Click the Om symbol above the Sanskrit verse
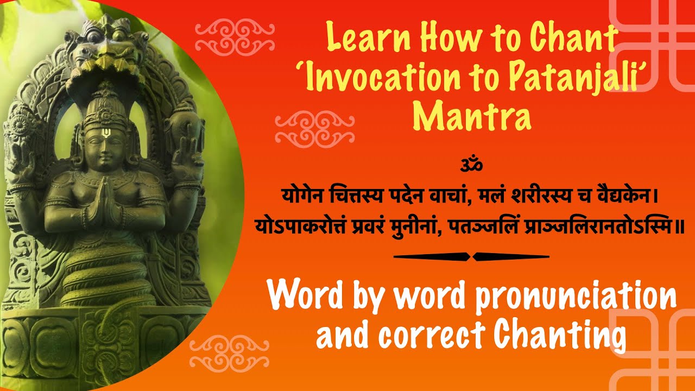pyautogui.click(x=471, y=163)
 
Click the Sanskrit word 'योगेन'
pyautogui.click(x=304, y=194)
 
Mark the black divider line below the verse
pyautogui.click(x=471, y=256)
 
